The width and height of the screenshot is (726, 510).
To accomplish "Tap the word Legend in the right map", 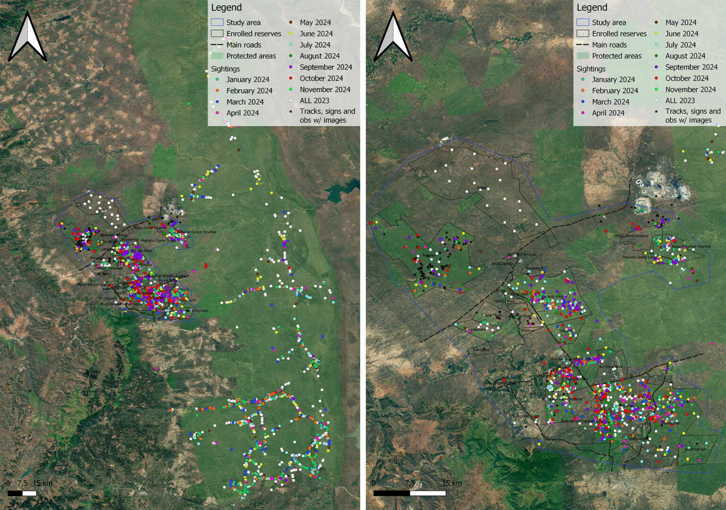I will point(592,8).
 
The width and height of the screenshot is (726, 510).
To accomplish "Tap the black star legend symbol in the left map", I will point(291,112).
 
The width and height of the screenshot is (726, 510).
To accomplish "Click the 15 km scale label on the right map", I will point(452,483).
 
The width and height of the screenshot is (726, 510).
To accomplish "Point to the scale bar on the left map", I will point(22,493).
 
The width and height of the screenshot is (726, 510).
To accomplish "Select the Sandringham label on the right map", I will point(695,449).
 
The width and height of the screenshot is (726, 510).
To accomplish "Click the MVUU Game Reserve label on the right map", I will point(631,236).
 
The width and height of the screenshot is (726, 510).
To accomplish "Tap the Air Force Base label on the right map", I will point(611,367).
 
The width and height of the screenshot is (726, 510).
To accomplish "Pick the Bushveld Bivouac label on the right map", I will point(522,254).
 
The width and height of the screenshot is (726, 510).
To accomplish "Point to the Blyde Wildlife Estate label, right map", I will point(500,383).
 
